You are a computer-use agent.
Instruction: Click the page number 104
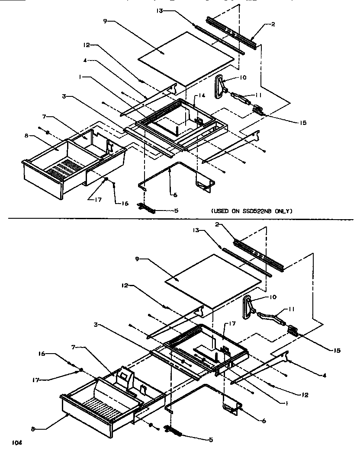pos(16,442)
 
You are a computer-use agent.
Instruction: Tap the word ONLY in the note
pos(284,211)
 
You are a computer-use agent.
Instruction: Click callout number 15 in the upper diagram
pos(302,123)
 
